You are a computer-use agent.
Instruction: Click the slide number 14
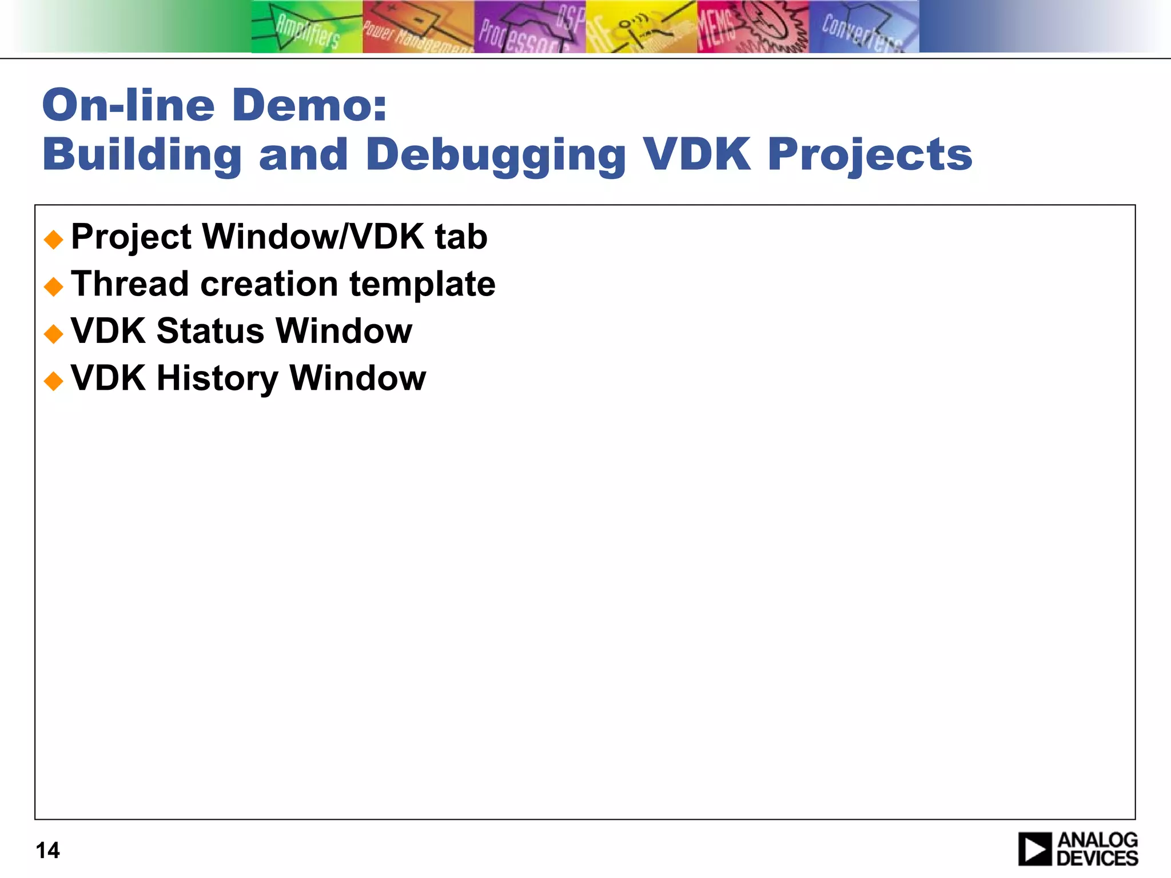click(47, 851)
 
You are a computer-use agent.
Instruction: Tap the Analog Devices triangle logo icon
click(1035, 849)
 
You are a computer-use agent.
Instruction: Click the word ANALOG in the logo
click(1097, 840)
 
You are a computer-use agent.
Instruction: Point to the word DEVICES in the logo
click(1097, 859)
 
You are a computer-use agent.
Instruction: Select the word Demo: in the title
click(309, 106)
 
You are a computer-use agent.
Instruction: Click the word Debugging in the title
click(496, 155)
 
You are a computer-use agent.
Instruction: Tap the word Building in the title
click(142, 155)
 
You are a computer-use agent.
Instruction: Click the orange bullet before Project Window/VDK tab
click(54, 240)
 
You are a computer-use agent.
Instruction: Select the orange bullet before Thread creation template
click(54, 286)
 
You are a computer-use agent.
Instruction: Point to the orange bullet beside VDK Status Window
click(54, 334)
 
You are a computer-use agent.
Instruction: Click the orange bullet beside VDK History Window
click(54, 381)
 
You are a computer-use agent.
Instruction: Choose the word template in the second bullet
click(423, 285)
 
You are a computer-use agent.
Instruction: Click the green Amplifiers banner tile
click(307, 27)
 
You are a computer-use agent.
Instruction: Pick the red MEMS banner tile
click(752, 27)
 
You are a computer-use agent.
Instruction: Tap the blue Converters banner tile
click(863, 27)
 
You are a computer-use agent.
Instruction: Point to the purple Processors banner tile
click(529, 27)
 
